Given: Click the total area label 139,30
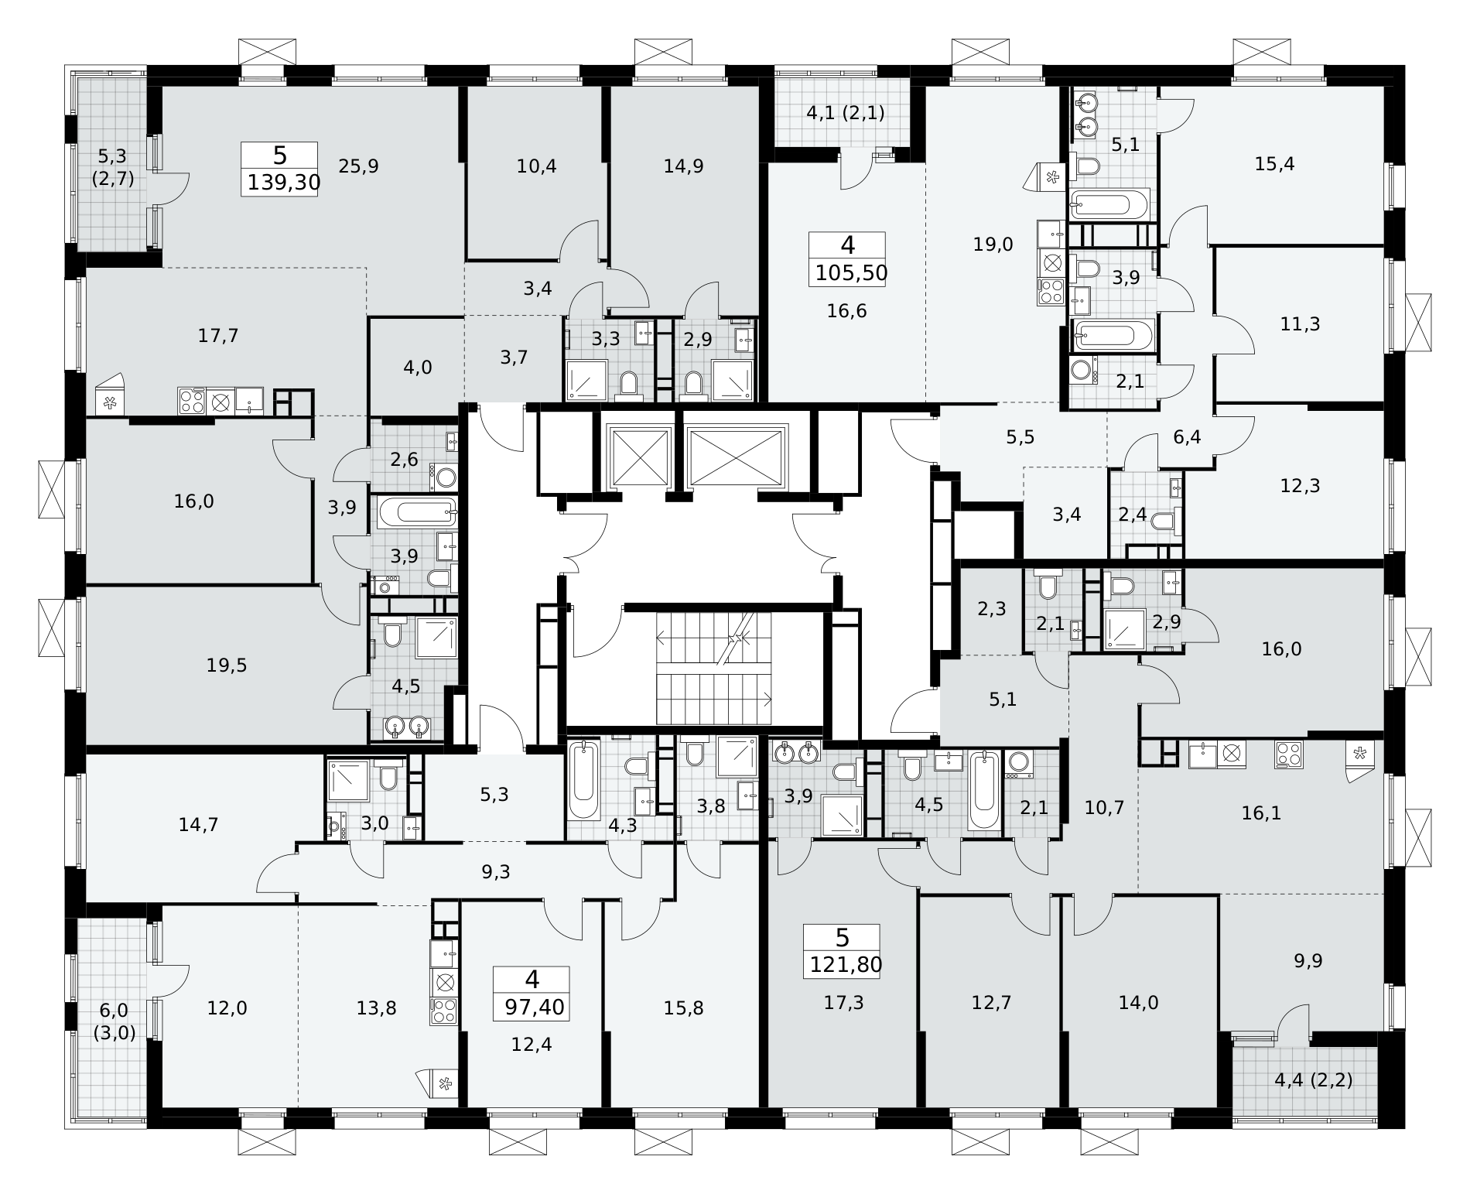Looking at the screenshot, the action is pyautogui.click(x=279, y=183).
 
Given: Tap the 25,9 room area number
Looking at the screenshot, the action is pyautogui.click(x=359, y=166).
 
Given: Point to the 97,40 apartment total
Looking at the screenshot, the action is pyautogui.click(x=532, y=1008).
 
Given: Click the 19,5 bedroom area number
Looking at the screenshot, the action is pyautogui.click(x=227, y=665).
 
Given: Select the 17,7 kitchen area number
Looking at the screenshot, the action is pyautogui.click(x=218, y=336).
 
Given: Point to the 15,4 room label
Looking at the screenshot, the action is pyautogui.click(x=1275, y=164).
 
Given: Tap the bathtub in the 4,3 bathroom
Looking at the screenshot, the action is pyautogui.click(x=584, y=781).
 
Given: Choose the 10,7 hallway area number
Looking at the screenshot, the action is pyautogui.click(x=1104, y=808).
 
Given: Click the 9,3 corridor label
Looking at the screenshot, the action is pyautogui.click(x=496, y=872).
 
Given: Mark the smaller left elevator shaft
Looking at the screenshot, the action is pyautogui.click(x=640, y=457).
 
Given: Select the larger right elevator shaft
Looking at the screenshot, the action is pyautogui.click(x=737, y=457).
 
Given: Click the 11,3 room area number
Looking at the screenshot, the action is pyautogui.click(x=1300, y=323).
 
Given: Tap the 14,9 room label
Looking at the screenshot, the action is pyautogui.click(x=684, y=166).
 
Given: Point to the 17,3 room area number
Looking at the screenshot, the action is pyautogui.click(x=843, y=1003).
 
